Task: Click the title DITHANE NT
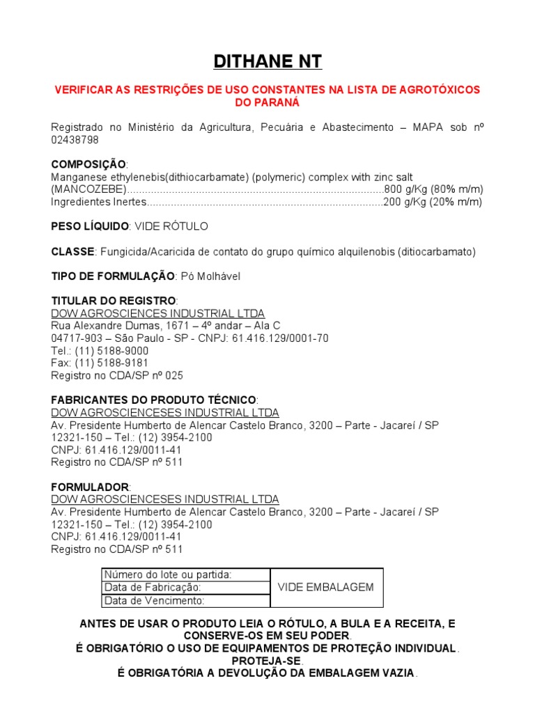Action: pos(267,62)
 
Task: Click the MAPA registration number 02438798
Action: pos(75,140)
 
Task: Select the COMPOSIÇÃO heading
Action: pos(88,164)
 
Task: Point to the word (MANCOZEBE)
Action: pos(88,189)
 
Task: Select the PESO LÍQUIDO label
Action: pos(90,227)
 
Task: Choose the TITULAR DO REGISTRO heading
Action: pos(114,301)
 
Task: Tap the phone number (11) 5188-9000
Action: pos(111,351)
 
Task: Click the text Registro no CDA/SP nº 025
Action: pos(116,375)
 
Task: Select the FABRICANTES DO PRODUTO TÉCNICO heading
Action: pos(154,400)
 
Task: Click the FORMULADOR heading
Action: pos(91,487)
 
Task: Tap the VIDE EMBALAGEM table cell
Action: pos(325,587)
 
